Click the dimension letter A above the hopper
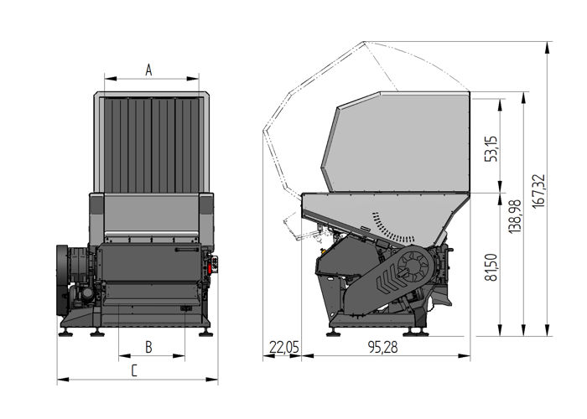pos(149,70)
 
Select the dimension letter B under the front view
pos(148,345)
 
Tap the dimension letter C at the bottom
pos(133,370)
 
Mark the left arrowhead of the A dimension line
pos(106,80)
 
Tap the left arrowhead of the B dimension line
pos(121,356)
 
